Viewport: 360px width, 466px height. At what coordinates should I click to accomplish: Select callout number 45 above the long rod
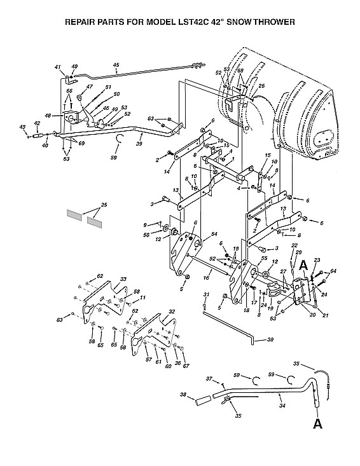(x=116, y=64)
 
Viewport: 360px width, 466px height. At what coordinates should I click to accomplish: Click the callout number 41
(x=58, y=67)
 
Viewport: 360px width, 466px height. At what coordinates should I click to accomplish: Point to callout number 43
(x=24, y=127)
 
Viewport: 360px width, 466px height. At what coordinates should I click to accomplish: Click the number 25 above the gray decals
(x=104, y=205)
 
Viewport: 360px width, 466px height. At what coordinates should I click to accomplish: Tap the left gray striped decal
(x=74, y=214)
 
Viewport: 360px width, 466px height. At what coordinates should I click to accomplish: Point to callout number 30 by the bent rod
(x=270, y=340)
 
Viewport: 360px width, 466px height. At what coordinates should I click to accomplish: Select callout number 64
(x=333, y=271)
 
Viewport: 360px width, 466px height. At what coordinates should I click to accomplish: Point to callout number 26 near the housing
(x=261, y=86)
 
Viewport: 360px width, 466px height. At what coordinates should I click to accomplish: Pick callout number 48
(x=48, y=116)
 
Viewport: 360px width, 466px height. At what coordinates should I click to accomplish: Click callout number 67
(x=186, y=366)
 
